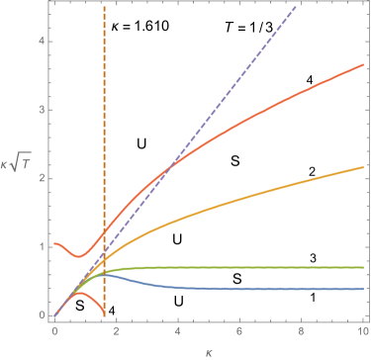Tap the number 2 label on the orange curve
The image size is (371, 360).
[311, 172]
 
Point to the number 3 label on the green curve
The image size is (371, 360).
[312, 258]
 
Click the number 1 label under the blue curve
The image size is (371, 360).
[313, 297]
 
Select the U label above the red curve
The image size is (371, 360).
[142, 144]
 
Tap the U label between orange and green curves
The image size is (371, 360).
[177, 237]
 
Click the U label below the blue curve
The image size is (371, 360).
[179, 300]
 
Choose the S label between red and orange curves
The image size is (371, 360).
[236, 158]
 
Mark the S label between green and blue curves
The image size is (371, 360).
[237, 278]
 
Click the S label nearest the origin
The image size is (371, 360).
[80, 308]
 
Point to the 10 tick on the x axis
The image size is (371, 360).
[363, 333]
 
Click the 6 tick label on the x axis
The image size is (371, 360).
[240, 333]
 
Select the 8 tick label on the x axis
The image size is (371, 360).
[302, 333]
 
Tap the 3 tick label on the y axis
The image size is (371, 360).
[43, 110]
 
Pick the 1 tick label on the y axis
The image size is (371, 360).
[43, 247]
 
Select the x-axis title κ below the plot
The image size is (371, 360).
[210, 350]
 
